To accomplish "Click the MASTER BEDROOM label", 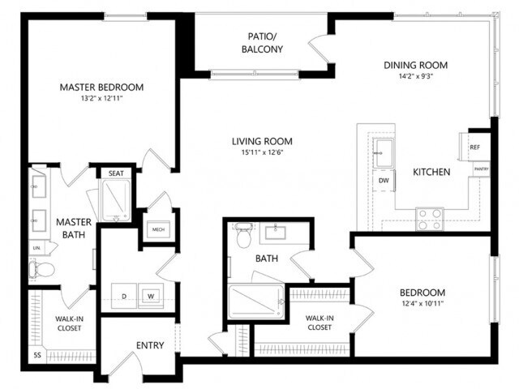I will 101,88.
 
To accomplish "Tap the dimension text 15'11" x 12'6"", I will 260,152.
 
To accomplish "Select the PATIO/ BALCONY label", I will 262,43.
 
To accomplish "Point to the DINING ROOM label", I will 415,66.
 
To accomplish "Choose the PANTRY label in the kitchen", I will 481,169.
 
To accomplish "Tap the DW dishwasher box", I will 383,181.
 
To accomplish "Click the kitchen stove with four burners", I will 430,217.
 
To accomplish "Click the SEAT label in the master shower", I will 113,173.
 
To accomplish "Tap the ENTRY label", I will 150,346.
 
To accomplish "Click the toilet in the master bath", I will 42,268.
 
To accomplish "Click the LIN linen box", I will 36,247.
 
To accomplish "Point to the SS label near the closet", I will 37,355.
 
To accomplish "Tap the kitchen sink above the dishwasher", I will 382,151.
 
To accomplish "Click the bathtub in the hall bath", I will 256,302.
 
